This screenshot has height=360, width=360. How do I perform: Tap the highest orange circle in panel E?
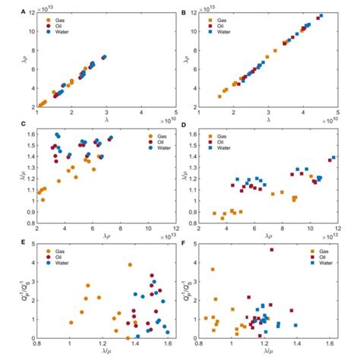130,265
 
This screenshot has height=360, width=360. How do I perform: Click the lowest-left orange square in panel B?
219,96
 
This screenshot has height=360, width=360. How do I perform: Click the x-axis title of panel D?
268,237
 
